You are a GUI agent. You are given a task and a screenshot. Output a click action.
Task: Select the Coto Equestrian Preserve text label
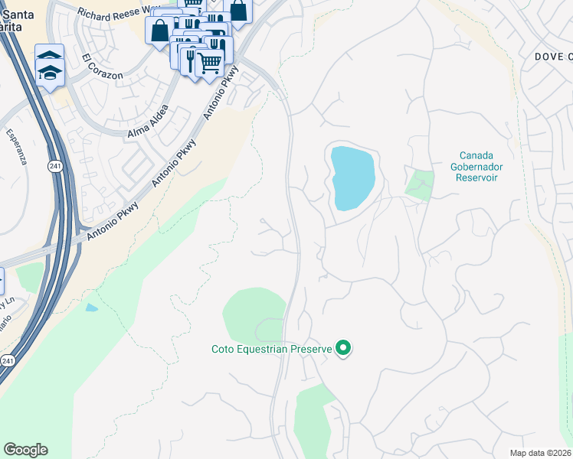(x=271, y=350)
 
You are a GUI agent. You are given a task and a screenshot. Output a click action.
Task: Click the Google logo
(x=25, y=450)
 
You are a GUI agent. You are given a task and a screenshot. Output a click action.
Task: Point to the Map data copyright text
(x=541, y=453)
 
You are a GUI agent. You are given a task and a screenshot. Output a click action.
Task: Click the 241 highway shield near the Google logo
(x=7, y=360)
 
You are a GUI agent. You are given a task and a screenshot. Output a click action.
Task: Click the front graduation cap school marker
(x=51, y=73)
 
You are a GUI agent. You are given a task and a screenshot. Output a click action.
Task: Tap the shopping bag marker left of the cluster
(x=160, y=31)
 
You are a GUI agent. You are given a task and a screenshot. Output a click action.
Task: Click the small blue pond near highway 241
(x=92, y=308)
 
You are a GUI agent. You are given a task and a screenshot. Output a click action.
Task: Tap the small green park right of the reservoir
(x=419, y=185)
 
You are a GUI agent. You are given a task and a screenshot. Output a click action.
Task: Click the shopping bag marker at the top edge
(x=238, y=11)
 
